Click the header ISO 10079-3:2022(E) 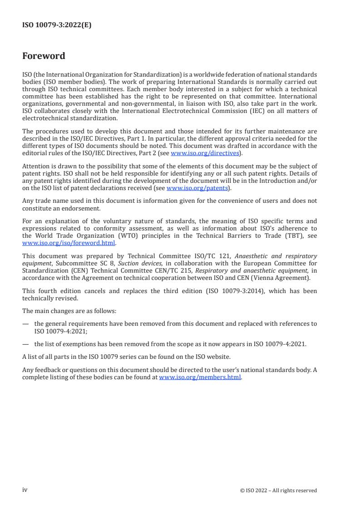57,25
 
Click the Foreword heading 44,56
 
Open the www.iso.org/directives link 205,153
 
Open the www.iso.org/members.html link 200,377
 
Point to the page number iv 25,490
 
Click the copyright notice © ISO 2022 278,490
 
